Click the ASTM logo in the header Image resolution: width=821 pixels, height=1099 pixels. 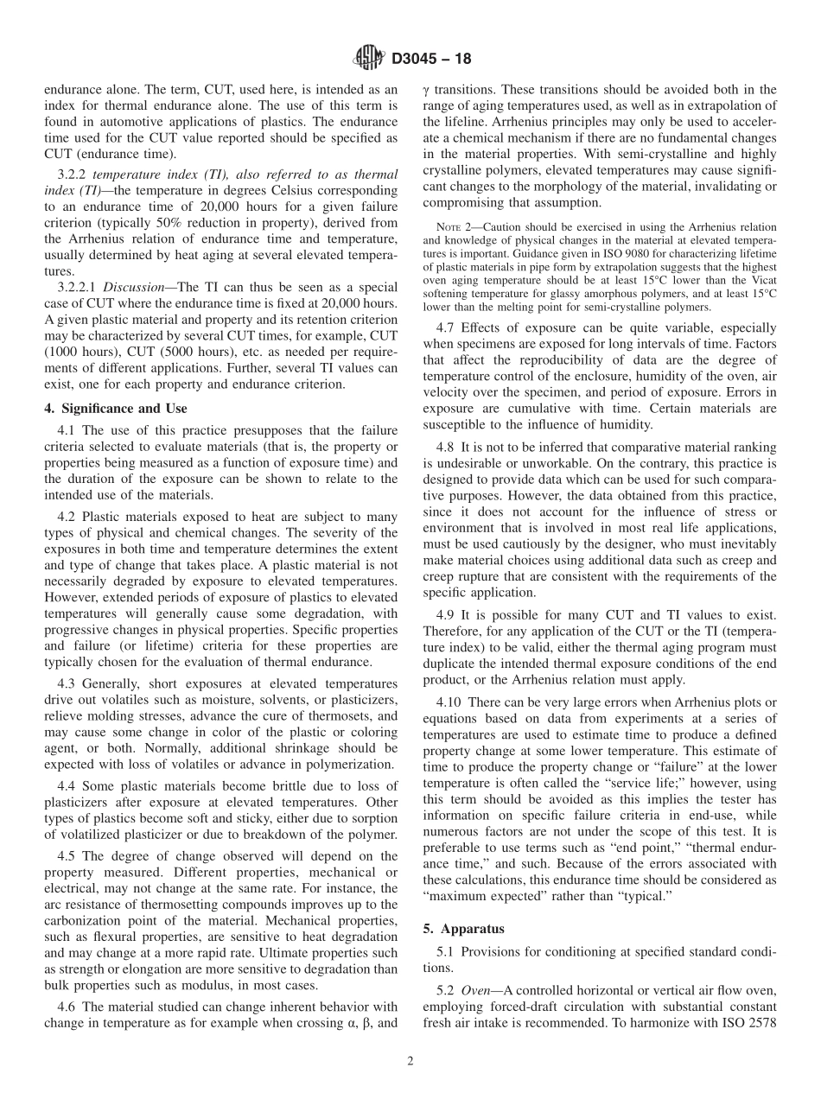pyautogui.click(x=367, y=60)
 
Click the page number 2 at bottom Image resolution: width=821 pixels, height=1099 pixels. pyautogui.click(x=410, y=1062)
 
